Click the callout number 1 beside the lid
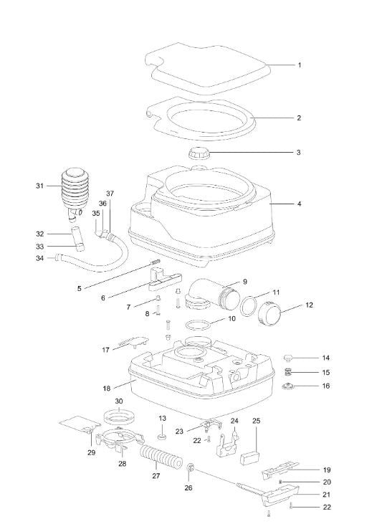tap(300, 65)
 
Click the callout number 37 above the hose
tap(110, 194)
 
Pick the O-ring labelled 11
tap(249, 306)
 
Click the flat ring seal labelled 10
tap(198, 325)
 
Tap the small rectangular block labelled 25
tap(250, 459)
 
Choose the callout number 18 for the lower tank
tap(107, 389)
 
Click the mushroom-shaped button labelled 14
tap(288, 358)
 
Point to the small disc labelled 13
tap(162, 437)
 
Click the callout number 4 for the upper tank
tap(300, 204)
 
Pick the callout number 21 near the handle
tap(327, 495)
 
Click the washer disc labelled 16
tap(288, 386)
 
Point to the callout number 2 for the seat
tap(299, 118)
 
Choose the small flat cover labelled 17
tap(134, 342)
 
